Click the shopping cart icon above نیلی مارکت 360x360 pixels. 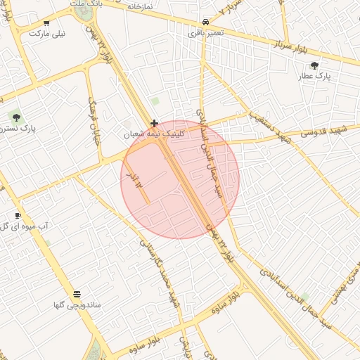46,23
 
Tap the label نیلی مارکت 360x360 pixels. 47,33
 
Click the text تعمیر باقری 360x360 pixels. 205,32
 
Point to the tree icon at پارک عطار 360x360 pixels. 314,65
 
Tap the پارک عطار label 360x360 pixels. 314,76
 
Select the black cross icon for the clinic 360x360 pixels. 154,123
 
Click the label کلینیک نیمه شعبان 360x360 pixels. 153,133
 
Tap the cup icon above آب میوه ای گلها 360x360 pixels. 18,215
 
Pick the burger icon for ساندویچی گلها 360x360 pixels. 77,294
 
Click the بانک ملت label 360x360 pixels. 86,4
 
